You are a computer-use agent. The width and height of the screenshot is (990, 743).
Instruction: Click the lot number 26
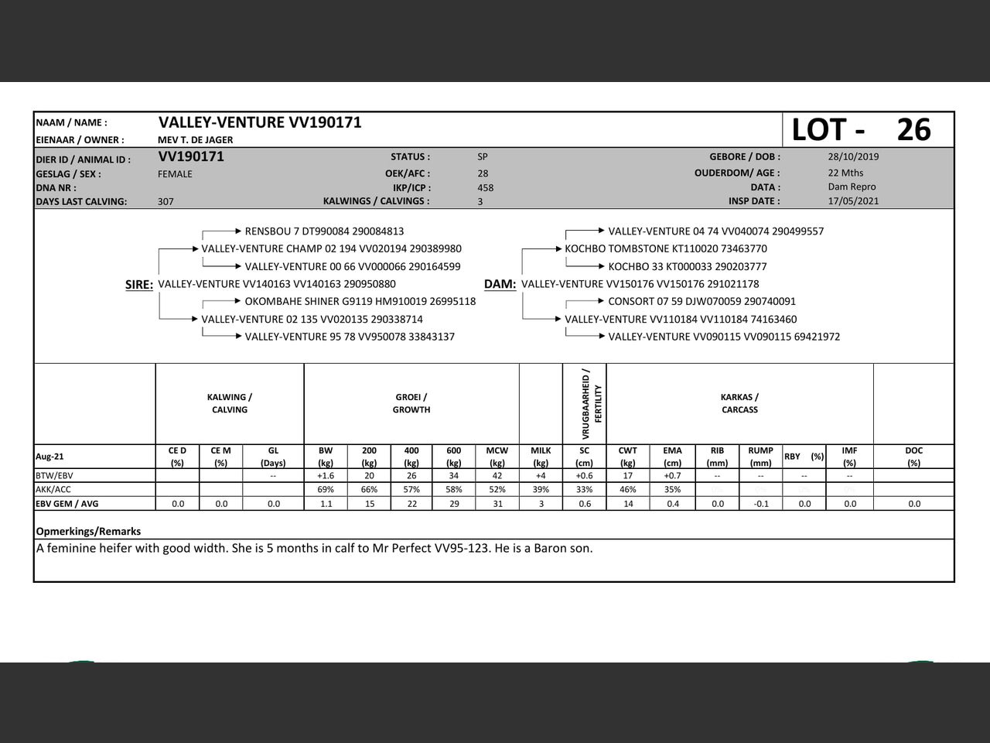pyautogui.click(x=913, y=130)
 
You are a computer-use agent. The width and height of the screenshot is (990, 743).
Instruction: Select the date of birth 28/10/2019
pyautogui.click(x=853, y=156)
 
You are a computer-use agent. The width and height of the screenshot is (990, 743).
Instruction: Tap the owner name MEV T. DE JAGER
pyautogui.click(x=195, y=140)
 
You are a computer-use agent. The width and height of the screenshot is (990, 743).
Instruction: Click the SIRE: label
pyautogui.click(x=139, y=285)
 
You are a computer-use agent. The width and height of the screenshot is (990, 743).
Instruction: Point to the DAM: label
pyautogui.click(x=500, y=285)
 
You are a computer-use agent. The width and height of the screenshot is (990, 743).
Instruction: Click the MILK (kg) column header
pyautogui.click(x=541, y=457)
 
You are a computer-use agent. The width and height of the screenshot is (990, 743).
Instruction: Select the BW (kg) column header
pyautogui.click(x=326, y=457)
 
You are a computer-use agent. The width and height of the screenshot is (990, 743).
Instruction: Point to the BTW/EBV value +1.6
pyautogui.click(x=326, y=476)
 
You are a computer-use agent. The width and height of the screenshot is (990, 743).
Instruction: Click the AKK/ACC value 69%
pyautogui.click(x=326, y=490)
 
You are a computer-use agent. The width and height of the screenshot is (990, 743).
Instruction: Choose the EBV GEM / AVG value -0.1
pyautogui.click(x=761, y=504)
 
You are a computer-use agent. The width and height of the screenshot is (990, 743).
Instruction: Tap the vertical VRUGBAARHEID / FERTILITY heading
pyautogui.click(x=592, y=404)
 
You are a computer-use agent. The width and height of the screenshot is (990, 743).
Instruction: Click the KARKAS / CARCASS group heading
pyautogui.click(x=739, y=403)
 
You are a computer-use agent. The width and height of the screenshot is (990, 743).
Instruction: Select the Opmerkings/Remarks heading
pyautogui.click(x=88, y=532)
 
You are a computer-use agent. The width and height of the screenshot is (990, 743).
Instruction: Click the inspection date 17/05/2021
pyautogui.click(x=853, y=201)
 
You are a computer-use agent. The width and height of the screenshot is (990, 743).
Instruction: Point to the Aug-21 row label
pyautogui.click(x=49, y=457)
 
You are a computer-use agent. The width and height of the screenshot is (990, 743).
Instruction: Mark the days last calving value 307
pyautogui.click(x=166, y=201)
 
